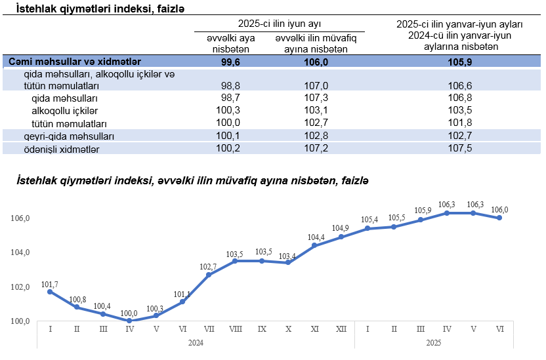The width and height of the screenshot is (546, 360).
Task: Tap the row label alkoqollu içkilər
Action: (64, 110)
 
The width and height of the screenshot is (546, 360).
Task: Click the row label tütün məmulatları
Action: (69, 123)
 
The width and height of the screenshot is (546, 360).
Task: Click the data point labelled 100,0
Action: (129, 321)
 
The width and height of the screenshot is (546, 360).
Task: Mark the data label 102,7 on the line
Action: (208, 266)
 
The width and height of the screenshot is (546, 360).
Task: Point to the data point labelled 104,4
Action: (314, 245)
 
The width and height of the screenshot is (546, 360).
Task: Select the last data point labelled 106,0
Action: (499, 218)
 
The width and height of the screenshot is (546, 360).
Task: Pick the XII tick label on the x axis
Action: (341, 329)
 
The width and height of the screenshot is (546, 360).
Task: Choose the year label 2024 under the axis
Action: (196, 342)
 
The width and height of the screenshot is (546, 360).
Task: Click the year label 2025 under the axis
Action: (433, 342)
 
